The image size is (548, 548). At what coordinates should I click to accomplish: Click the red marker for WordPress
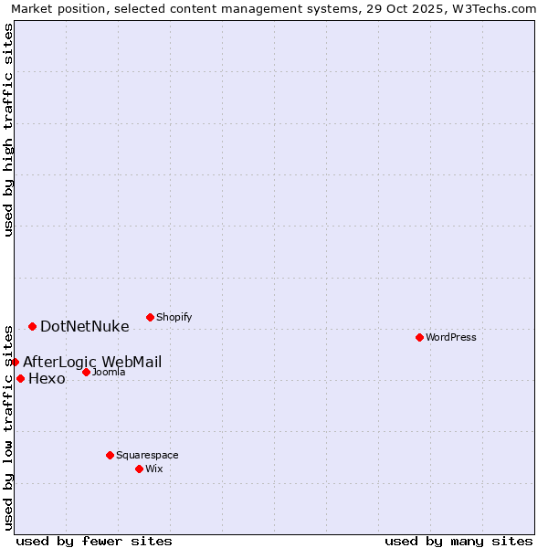[419, 337]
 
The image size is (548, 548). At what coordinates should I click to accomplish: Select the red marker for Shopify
[150, 317]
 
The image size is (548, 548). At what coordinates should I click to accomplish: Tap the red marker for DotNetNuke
[32, 326]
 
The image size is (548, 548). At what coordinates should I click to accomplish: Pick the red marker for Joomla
[86, 372]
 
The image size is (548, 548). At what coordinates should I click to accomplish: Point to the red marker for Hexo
[20, 378]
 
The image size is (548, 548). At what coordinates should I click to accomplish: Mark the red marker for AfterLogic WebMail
[15, 362]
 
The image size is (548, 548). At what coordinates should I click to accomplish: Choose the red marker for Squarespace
[110, 455]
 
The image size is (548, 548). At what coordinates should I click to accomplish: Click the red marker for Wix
[139, 469]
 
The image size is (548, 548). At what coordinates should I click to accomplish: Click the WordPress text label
[451, 337]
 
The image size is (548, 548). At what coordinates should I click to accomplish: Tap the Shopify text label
[174, 317]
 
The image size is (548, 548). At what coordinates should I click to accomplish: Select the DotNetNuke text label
[85, 326]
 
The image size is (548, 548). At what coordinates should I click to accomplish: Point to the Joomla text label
[109, 372]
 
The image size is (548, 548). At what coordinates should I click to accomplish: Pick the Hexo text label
[47, 379]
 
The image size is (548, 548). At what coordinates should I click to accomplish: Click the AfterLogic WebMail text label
[92, 362]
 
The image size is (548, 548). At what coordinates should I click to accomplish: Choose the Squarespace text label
[147, 455]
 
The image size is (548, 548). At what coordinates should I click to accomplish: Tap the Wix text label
[154, 469]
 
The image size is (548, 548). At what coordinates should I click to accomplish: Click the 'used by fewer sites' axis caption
[94, 541]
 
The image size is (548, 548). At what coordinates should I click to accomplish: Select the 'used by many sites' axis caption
[458, 541]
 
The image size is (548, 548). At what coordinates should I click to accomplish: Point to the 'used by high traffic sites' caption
[8, 130]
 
